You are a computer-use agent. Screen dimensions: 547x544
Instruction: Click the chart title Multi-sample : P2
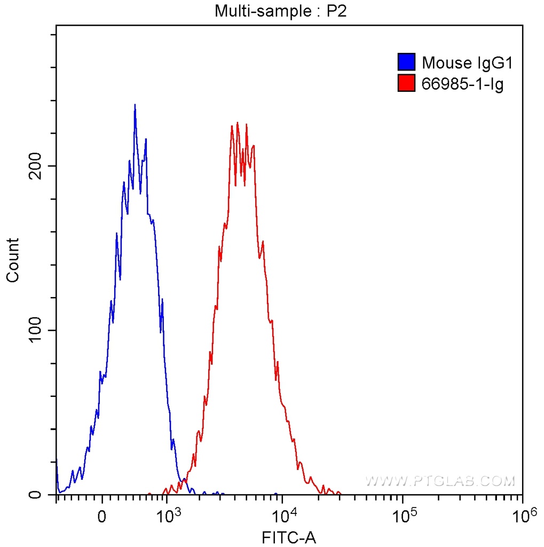point(281,11)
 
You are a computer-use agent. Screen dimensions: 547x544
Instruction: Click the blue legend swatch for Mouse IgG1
point(406,62)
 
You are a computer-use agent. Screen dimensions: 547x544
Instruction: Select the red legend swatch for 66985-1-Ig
point(406,83)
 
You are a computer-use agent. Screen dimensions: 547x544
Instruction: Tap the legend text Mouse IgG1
point(467,63)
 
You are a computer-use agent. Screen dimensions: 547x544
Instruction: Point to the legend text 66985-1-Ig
point(462,84)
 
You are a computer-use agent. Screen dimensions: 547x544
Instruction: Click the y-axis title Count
point(12,260)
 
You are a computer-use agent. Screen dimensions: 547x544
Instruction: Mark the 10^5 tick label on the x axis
point(403,515)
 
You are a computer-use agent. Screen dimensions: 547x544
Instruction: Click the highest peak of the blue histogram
point(135,105)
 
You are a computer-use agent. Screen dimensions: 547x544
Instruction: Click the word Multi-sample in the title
point(250,11)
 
